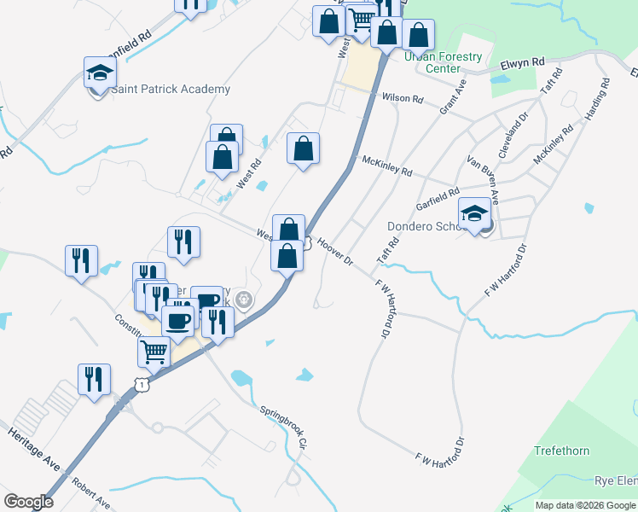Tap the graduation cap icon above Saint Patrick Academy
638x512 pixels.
100,72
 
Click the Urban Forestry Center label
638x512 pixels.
443,62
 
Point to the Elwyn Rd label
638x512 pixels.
523,62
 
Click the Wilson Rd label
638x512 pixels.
402,98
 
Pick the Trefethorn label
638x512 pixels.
561,450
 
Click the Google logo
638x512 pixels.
28,502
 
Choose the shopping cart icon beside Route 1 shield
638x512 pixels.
154,351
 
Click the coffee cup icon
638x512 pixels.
177,321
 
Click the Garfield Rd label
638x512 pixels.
438,198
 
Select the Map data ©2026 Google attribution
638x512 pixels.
584,505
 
